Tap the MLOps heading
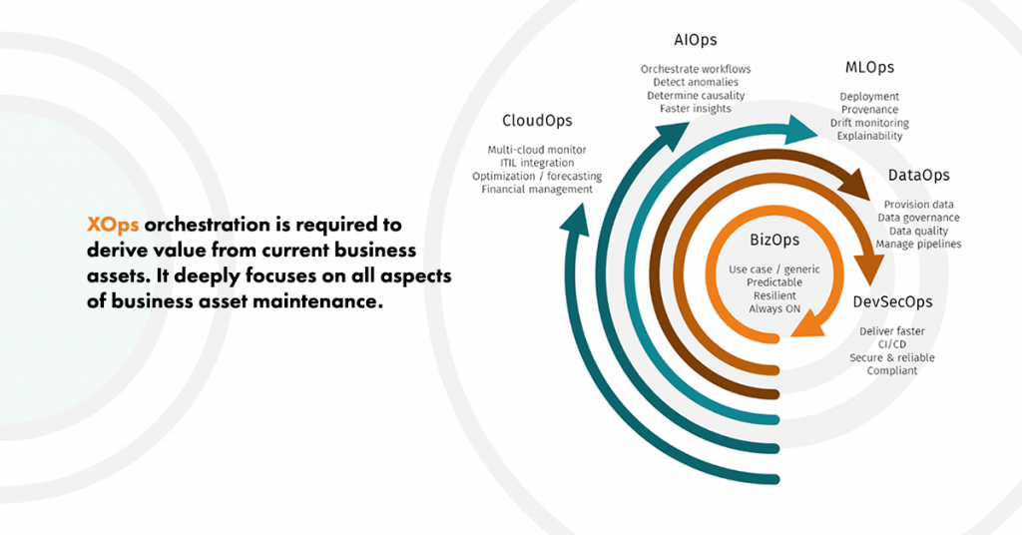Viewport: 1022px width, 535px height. [x=869, y=68]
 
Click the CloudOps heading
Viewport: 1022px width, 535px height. [x=537, y=121]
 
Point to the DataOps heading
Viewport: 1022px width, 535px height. [x=918, y=176]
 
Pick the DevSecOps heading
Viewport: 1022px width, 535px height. [x=892, y=300]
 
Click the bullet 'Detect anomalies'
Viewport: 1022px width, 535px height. [x=696, y=82]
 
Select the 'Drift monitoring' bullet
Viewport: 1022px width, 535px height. [x=869, y=123]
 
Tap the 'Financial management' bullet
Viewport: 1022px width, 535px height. [x=537, y=189]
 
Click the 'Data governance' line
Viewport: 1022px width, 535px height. [x=918, y=218]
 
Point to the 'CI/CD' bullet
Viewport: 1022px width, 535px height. [x=892, y=344]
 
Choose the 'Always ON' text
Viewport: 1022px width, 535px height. [x=774, y=309]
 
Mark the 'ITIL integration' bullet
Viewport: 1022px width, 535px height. [x=537, y=163]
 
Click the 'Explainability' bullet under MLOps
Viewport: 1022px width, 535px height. [x=869, y=136]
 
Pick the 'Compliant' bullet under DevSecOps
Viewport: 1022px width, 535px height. [x=892, y=371]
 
